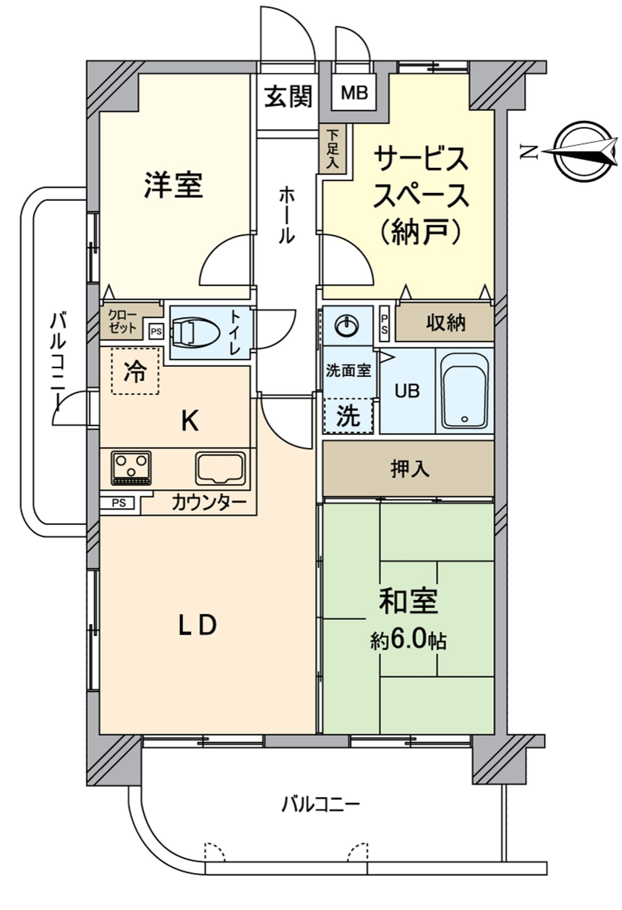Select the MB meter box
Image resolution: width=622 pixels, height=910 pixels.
pos(355,93)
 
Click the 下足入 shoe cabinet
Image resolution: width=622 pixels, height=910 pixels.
pos(333,149)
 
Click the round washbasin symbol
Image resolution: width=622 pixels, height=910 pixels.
pos(347,324)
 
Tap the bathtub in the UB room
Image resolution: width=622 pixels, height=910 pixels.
pos(464,391)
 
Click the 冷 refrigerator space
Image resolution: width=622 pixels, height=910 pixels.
pos(135,372)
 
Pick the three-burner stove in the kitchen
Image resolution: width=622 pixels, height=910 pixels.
pos(131,467)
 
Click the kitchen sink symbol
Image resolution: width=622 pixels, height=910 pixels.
pos(221,467)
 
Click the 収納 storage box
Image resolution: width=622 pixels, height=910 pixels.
pos(445,324)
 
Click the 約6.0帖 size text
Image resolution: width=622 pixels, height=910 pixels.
pos(408,642)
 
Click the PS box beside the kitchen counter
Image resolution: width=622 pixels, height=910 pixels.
pos(119,503)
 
